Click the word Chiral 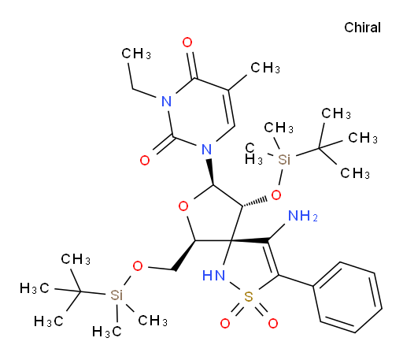click(362, 28)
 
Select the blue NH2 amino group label click(303, 216)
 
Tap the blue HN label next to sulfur click(214, 276)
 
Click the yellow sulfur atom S click(249, 297)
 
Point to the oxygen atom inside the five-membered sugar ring click(183, 206)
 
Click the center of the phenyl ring click(348, 297)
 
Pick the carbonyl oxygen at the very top click(187, 42)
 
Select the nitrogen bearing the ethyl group click(167, 102)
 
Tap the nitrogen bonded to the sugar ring click(207, 150)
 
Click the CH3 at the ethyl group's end click(136, 54)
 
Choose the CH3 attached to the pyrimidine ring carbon click(265, 68)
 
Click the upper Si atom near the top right click(284, 159)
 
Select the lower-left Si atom click(116, 295)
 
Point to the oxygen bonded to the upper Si click(276, 195)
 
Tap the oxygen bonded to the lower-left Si click(138, 266)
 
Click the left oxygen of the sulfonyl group click(225, 323)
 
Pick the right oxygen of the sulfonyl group click(273, 323)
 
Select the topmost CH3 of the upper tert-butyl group click(336, 113)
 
